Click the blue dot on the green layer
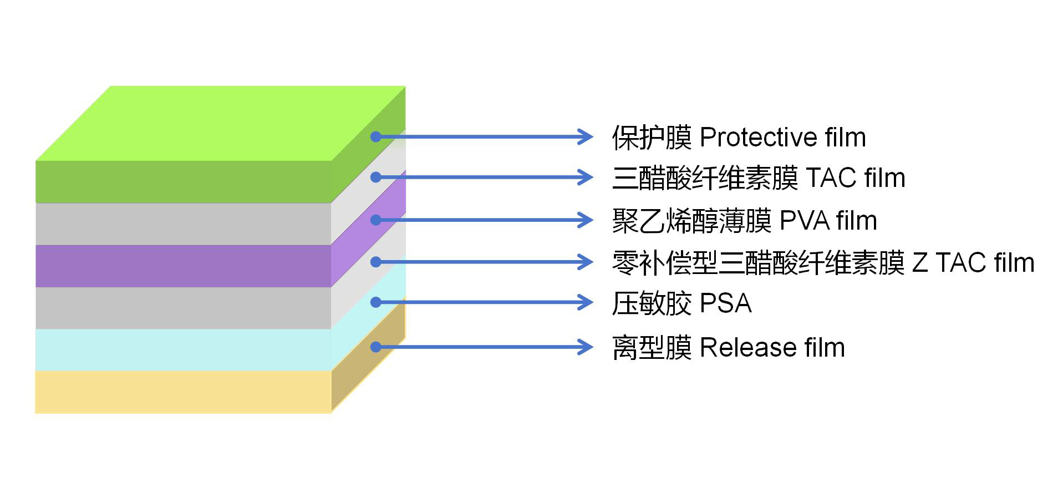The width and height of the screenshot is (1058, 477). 376,136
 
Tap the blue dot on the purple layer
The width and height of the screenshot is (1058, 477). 376,220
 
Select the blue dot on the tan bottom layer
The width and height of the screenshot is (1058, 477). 376,347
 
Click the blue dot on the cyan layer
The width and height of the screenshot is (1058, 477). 376,302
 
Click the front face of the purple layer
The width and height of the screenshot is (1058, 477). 183,266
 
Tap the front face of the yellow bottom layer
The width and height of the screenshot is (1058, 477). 183,392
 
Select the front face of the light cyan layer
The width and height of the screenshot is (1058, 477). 183,349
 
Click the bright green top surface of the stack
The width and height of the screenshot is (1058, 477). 222,123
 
